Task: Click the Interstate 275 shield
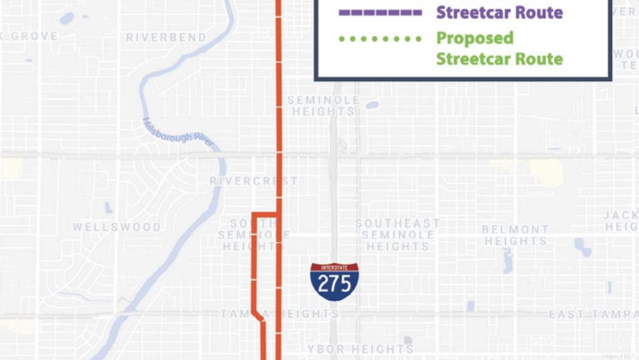click(334, 281)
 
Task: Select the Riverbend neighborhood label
click(166, 37)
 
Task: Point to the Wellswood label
click(117, 227)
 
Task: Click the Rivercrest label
click(253, 181)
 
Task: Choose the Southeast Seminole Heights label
click(397, 235)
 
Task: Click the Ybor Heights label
click(361, 349)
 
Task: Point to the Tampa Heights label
click(280, 314)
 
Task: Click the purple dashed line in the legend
click(380, 12)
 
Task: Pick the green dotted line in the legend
click(380, 38)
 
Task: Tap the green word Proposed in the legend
click(474, 38)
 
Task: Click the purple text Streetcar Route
click(499, 12)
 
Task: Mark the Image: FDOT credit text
click(618, 356)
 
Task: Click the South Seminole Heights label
click(254, 235)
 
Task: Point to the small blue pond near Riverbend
click(67, 19)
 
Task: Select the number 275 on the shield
click(334, 283)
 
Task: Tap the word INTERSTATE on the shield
click(334, 267)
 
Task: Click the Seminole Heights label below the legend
click(323, 106)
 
